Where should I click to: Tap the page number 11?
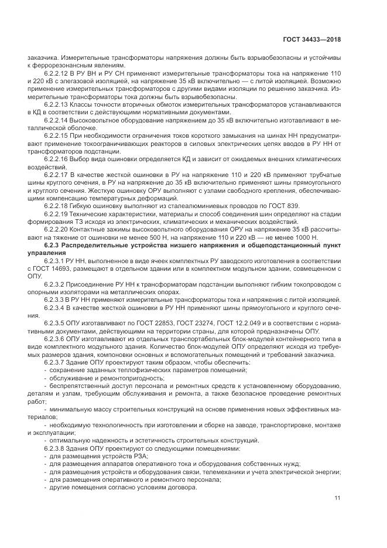point(337,499)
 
